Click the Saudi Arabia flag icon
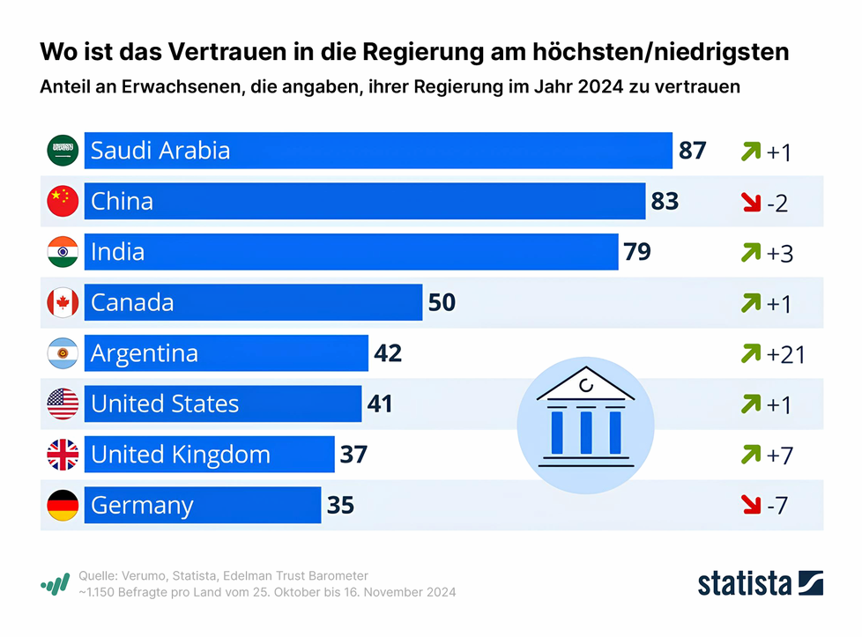[63, 151]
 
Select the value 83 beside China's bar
[665, 202]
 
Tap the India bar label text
[118, 253]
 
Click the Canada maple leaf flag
[63, 303]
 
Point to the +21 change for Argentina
[785, 355]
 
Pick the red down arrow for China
[751, 203]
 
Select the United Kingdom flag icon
[63, 455]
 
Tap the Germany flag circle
[63, 506]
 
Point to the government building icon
[585, 417]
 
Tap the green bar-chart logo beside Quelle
[56, 584]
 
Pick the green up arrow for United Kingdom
[751, 455]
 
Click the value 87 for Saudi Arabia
[692, 151]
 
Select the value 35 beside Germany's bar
[340, 506]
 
